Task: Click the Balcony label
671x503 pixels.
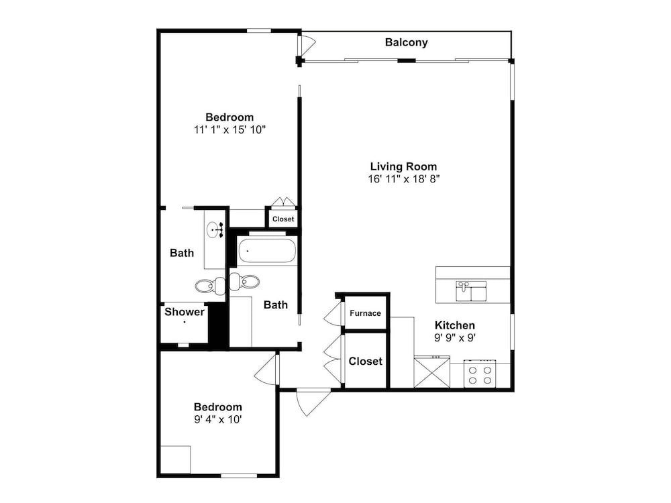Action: click(406, 42)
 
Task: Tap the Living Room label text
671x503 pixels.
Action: click(403, 166)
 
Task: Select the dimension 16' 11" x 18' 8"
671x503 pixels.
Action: click(404, 179)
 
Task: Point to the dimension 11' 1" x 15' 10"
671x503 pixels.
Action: click(229, 129)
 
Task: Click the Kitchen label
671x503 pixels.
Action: click(455, 325)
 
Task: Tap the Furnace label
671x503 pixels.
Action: click(365, 313)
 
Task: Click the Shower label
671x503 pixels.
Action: click(185, 312)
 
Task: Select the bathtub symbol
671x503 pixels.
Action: click(266, 251)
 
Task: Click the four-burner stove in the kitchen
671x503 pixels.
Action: click(480, 374)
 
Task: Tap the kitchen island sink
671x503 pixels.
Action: click(471, 291)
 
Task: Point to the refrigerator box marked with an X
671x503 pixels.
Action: click(431, 372)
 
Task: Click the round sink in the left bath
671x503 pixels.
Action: click(213, 231)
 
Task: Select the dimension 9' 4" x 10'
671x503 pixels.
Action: click(218, 419)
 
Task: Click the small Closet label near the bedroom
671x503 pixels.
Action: click(283, 219)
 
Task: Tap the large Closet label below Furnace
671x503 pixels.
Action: click(366, 361)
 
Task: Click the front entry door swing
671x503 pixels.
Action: click(313, 402)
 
